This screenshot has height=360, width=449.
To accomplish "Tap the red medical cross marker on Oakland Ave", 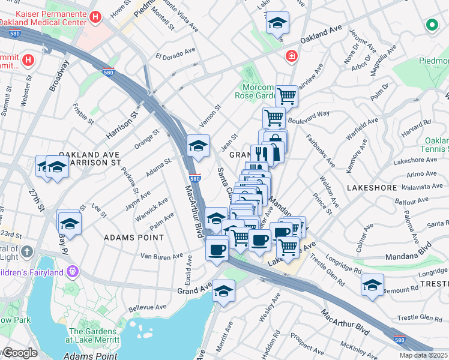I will (291, 56).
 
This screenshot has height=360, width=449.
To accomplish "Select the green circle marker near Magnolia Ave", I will (431, 25).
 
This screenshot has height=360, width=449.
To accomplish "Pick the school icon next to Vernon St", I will (198, 144).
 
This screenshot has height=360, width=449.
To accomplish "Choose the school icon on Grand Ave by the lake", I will (223, 290).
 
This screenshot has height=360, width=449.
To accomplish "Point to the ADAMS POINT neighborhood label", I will (134, 238).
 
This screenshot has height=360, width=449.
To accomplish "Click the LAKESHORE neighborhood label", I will (371, 188).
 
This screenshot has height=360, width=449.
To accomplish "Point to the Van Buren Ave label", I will (161, 256).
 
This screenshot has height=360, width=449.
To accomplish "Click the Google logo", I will (20, 353).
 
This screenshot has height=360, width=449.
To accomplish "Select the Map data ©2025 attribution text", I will (423, 355).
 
